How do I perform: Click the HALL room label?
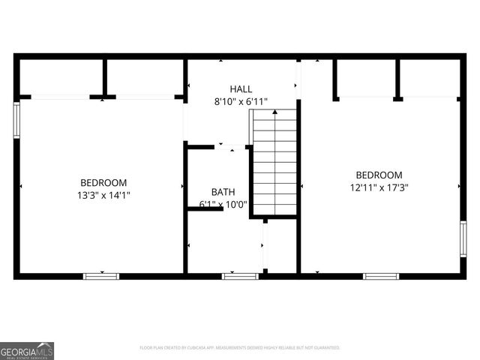(241, 88)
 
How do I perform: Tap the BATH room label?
(223, 192)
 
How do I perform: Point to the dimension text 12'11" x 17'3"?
(379, 187)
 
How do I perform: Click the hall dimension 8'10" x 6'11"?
(241, 101)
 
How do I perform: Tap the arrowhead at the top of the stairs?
(274, 112)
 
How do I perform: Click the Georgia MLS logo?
(27, 350)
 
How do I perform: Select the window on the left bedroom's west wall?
(16, 120)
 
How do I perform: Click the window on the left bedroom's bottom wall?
(101, 276)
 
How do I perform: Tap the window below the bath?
(240, 276)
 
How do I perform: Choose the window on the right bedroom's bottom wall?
(381, 276)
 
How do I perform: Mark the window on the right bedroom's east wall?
(463, 238)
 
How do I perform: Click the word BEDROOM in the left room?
(103, 182)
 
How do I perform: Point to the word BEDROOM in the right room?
(379, 175)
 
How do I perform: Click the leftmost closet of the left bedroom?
(60, 76)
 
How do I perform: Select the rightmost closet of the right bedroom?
(430, 78)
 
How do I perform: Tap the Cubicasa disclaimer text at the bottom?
(240, 348)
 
